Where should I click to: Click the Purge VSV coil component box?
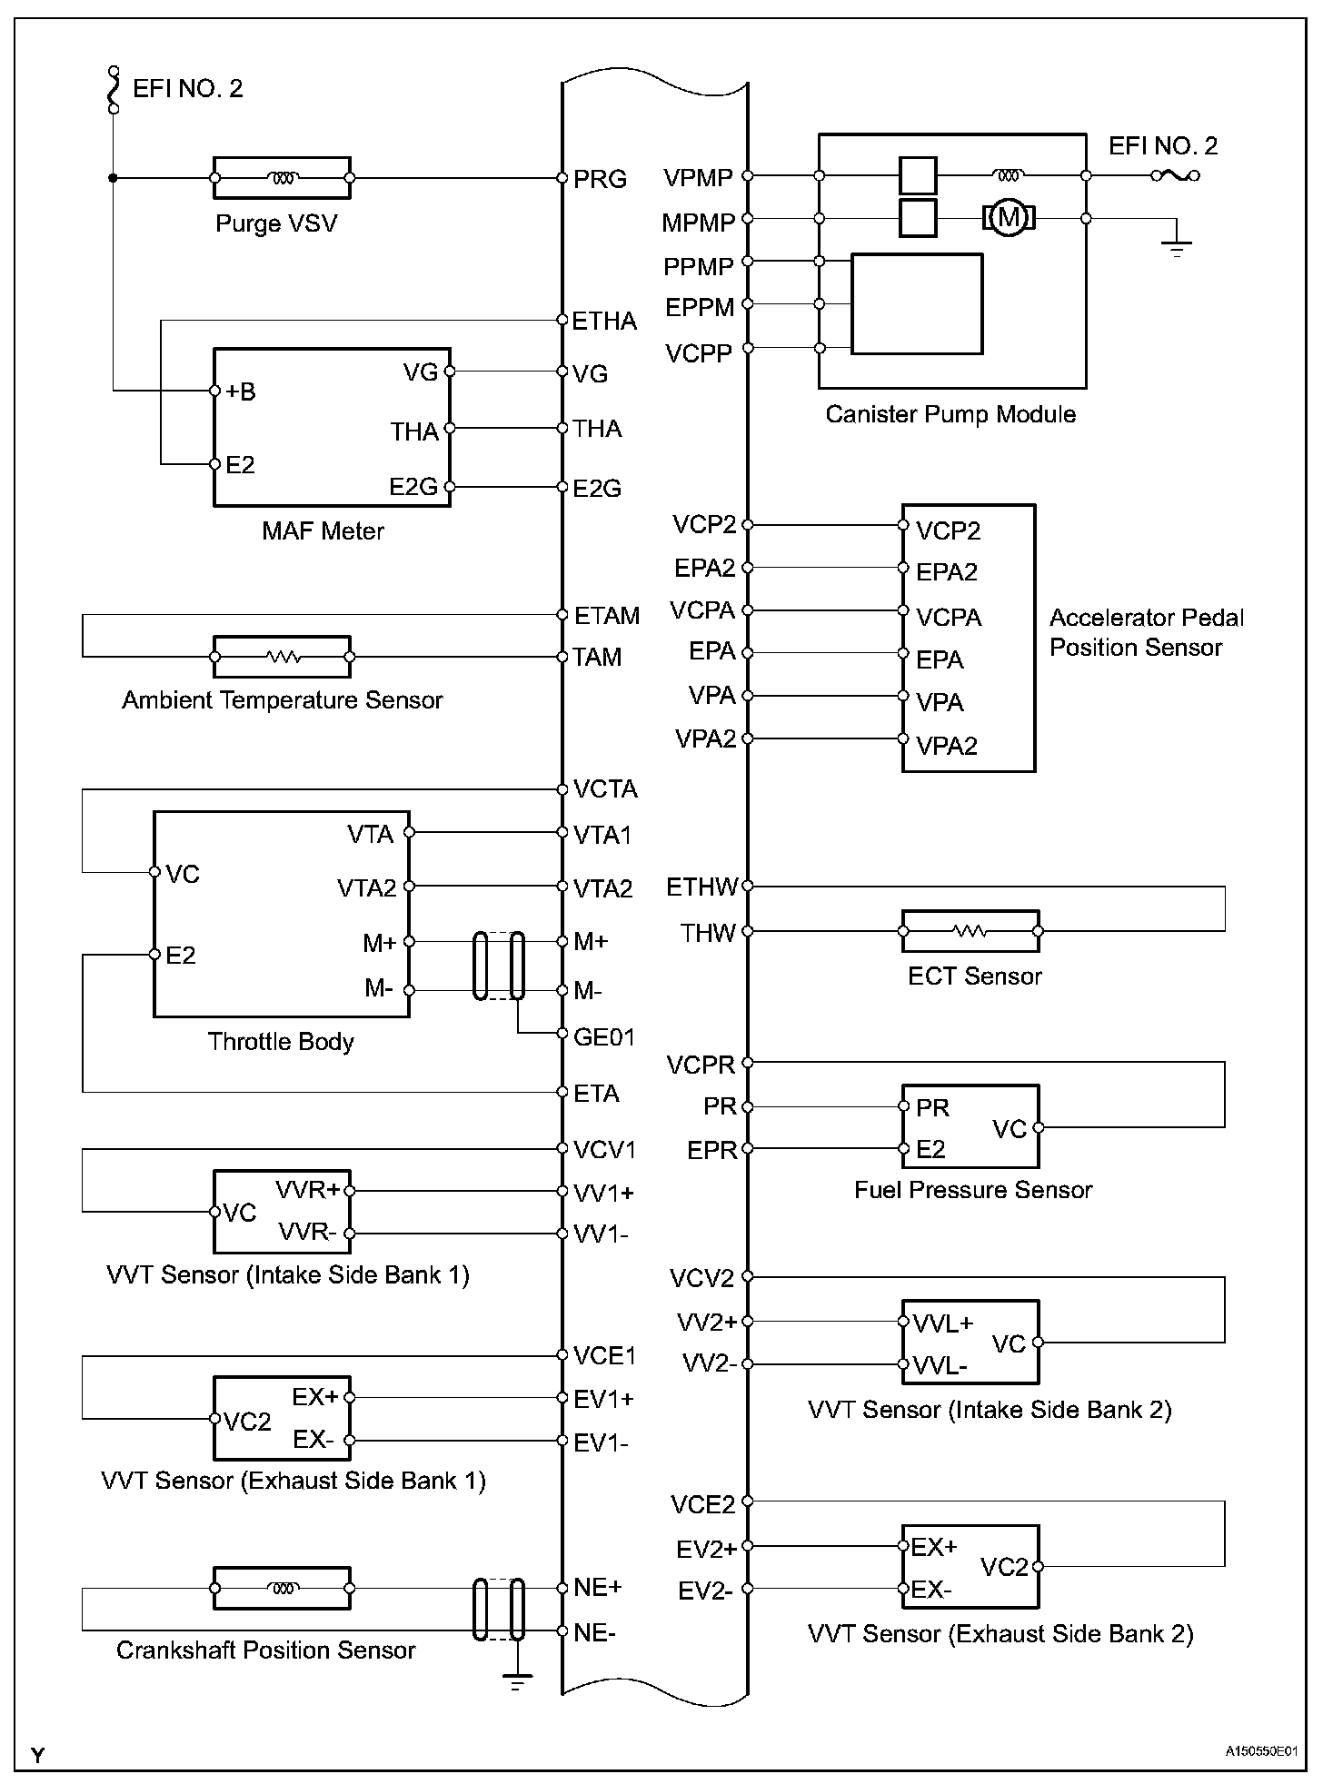(x=282, y=178)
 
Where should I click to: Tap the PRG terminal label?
(x=600, y=179)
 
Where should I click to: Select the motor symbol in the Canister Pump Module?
(x=1008, y=218)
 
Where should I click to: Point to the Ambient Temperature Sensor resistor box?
(x=282, y=657)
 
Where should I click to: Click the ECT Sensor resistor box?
(x=970, y=931)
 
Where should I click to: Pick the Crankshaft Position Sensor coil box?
(x=282, y=1589)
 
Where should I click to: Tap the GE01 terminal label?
(x=604, y=1036)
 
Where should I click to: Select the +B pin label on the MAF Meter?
(x=241, y=391)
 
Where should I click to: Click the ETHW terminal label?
(x=701, y=887)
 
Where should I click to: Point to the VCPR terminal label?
(x=700, y=1065)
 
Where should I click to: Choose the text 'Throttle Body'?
(x=281, y=1041)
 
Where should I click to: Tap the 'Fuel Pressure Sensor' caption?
(x=973, y=1189)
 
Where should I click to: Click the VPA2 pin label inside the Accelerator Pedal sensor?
(x=947, y=746)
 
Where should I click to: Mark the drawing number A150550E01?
(x=1260, y=1751)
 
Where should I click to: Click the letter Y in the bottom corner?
(x=37, y=1756)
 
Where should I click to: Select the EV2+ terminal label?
(x=706, y=1549)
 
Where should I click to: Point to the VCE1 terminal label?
(x=605, y=1356)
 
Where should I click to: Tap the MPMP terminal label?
(x=698, y=223)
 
